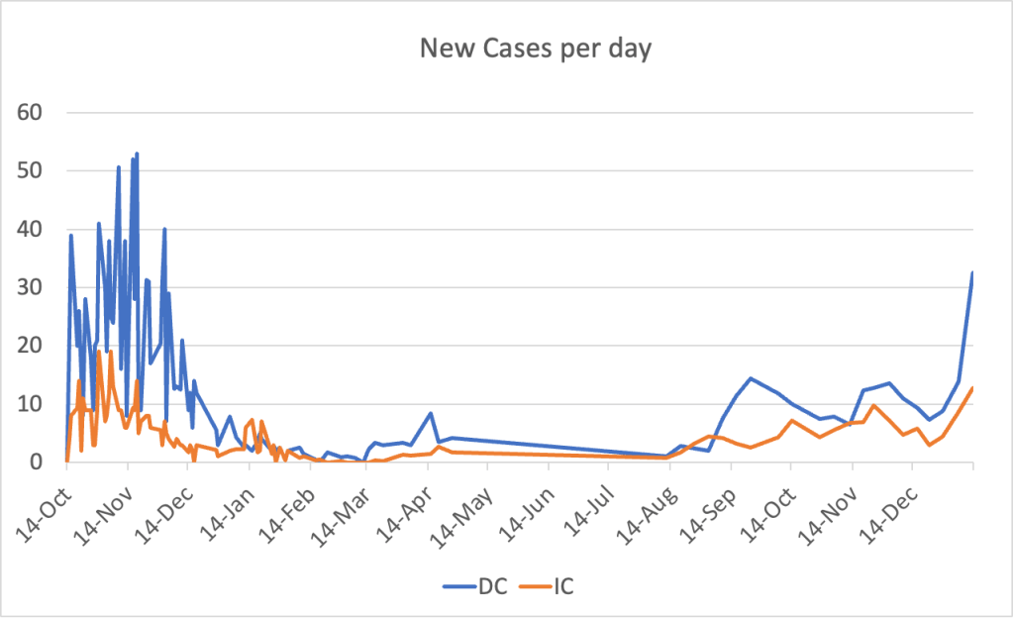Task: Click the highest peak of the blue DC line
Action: [137, 154]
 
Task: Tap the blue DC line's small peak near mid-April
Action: [431, 413]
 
